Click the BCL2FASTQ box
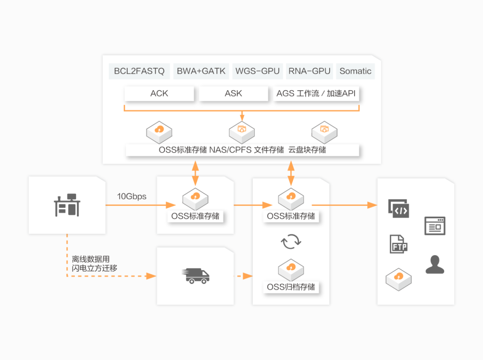[139, 71]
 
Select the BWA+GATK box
[201, 71]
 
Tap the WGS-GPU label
[258, 71]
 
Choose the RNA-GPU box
[309, 71]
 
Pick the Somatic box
[355, 71]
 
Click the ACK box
[159, 94]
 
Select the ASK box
[233, 94]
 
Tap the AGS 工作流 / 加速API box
[317, 94]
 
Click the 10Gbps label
[132, 197]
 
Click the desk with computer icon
[67, 205]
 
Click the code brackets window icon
[399, 209]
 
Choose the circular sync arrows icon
[291, 241]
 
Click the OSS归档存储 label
[291, 287]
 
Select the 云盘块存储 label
[307, 150]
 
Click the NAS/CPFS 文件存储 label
[246, 150]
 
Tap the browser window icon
[435, 226]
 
